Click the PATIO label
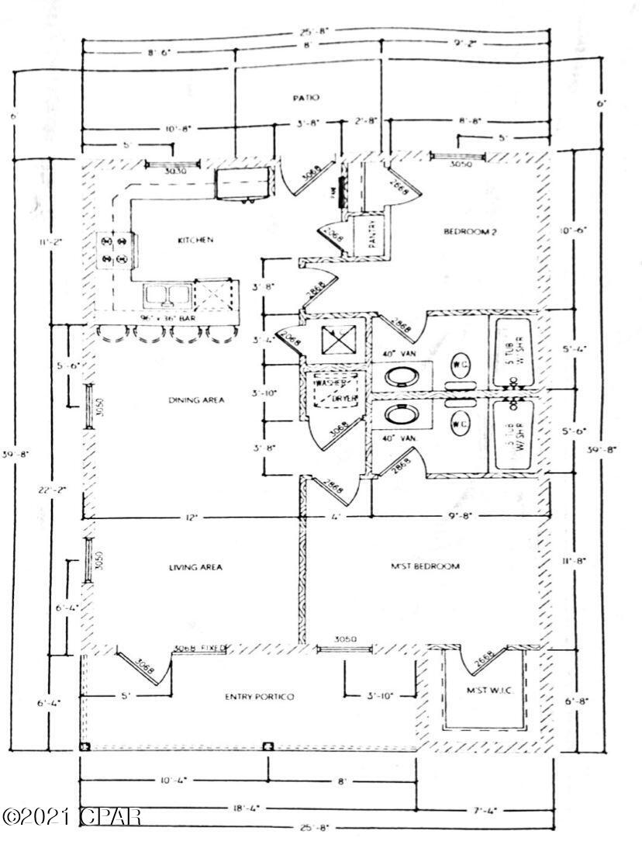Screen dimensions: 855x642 306,98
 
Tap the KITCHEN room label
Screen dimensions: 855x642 195,241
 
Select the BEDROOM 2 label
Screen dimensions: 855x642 470,231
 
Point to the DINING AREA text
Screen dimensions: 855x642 196,400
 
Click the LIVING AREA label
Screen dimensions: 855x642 195,567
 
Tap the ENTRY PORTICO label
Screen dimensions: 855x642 260,697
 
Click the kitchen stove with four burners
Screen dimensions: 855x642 112,252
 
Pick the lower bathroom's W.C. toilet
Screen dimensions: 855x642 459,424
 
